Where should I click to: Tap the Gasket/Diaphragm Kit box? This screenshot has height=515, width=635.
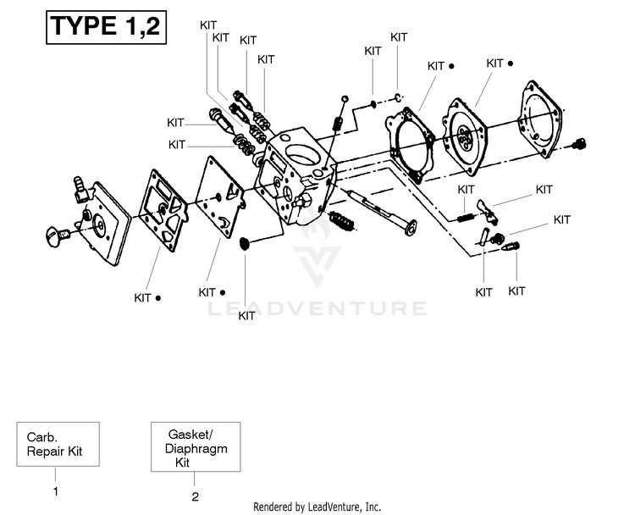[x=194, y=446]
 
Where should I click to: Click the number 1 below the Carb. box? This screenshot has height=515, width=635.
[x=56, y=490]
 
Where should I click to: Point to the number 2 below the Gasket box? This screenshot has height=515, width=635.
[x=195, y=496]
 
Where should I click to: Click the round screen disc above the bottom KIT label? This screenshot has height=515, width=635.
[x=246, y=244]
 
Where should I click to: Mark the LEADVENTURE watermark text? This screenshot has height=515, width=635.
[x=317, y=308]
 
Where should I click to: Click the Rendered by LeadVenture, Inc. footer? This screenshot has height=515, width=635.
[x=317, y=506]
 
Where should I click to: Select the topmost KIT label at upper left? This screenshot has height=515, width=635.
[x=209, y=25]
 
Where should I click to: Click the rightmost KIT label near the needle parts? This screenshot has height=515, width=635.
[x=561, y=220]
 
